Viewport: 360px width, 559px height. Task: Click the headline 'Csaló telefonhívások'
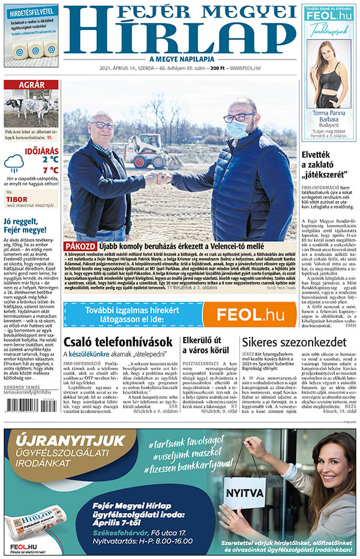point(118,342)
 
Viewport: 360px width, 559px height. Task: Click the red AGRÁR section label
point(31,85)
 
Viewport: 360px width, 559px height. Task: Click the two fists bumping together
point(160,178)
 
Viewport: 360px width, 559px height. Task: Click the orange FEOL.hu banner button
point(248,314)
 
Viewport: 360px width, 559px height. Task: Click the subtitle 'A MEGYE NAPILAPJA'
point(179,58)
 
